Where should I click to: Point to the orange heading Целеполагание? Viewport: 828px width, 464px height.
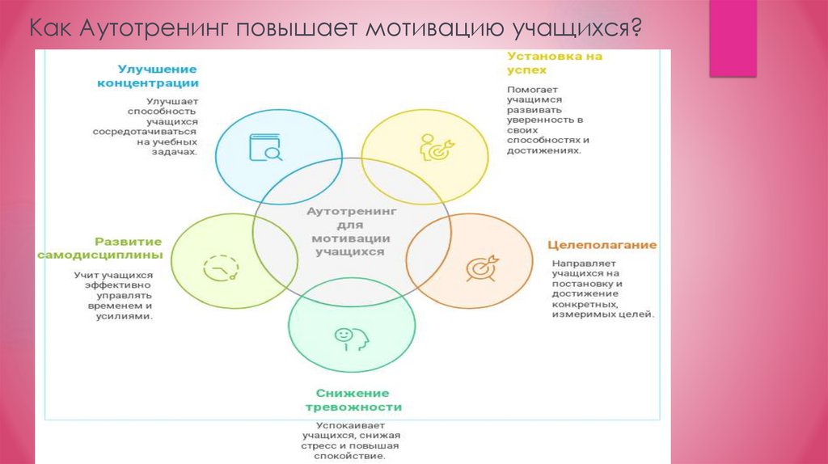tap(602, 245)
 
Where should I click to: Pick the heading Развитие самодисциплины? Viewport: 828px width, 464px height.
tap(99, 248)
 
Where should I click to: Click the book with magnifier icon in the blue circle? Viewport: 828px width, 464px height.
tap(264, 148)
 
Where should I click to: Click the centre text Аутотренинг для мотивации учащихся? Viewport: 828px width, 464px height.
tap(352, 231)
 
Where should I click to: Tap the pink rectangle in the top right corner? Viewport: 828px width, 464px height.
tap(733, 38)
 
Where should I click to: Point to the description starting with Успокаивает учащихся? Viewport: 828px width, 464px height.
tap(352, 441)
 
